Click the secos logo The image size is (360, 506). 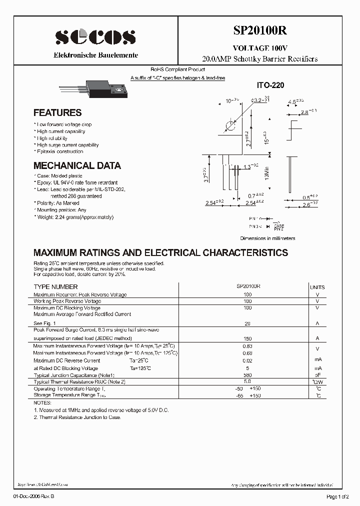click(x=95, y=36)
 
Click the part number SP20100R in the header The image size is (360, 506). click(x=259, y=30)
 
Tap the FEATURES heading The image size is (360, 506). click(x=57, y=113)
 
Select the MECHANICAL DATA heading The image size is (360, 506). click(x=77, y=165)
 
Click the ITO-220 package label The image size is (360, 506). click(x=270, y=85)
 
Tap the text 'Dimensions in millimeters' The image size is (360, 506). click(x=267, y=238)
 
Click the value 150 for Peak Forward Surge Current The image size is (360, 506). click(x=247, y=338)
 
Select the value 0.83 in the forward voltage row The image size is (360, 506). click(x=247, y=346)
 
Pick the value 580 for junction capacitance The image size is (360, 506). click(x=247, y=374)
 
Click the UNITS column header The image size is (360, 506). click(x=317, y=287)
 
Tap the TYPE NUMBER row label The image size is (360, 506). click(x=55, y=287)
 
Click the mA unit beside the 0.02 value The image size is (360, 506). click(x=317, y=360)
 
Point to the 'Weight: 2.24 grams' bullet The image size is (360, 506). click(x=74, y=217)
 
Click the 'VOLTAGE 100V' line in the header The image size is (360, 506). click(x=259, y=48)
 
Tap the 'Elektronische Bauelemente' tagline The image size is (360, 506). click(x=95, y=55)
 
